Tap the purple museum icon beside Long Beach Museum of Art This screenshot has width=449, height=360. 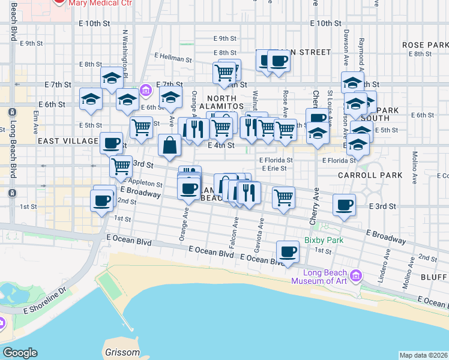click(356, 276)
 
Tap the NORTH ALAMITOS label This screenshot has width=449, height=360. click(225, 102)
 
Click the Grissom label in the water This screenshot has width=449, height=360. click(122, 352)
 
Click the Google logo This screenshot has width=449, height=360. click(20, 353)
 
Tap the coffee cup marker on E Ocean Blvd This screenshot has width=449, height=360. click(288, 253)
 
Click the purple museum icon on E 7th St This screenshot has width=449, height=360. click(145, 91)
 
